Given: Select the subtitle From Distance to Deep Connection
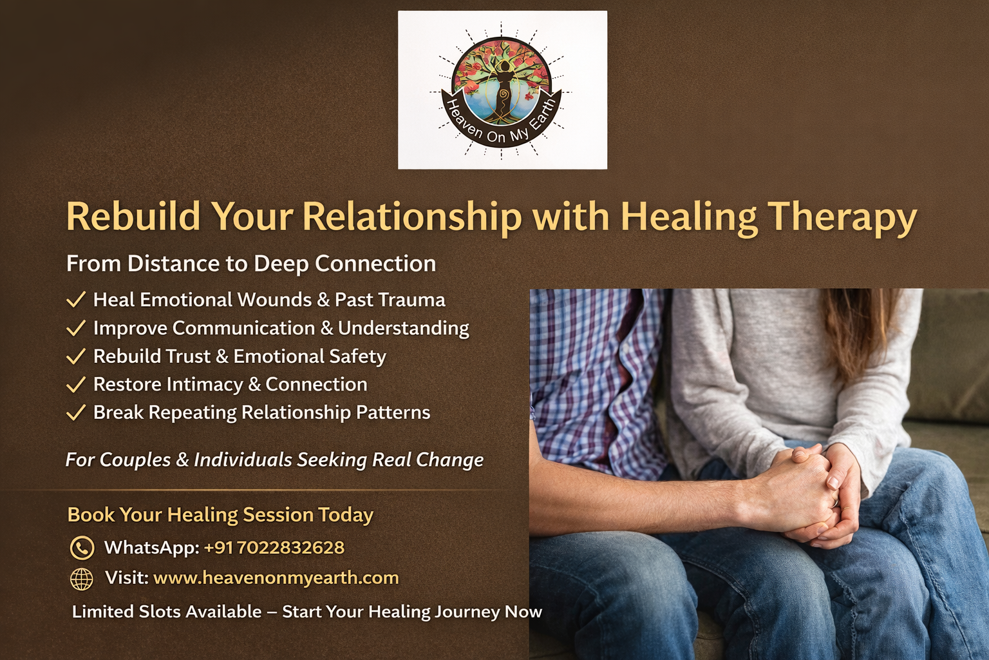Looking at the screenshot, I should pos(251,264).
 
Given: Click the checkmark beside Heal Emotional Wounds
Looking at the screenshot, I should pos(76,300).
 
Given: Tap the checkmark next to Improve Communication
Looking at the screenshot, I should pos(76,328).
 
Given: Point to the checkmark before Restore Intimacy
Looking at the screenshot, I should pos(76,385).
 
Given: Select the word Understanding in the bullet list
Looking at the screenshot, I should pos(403,328).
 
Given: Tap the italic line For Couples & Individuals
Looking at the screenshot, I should pos(274,460).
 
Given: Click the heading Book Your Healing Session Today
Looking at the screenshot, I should pos(220,514).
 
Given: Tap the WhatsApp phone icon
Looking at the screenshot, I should pos(82,548).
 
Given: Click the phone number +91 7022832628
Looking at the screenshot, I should pos(274,548).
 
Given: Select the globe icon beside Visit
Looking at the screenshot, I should pos(81,579).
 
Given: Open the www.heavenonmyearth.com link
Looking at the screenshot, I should pos(276,577).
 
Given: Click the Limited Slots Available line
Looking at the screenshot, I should pos(306,612).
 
